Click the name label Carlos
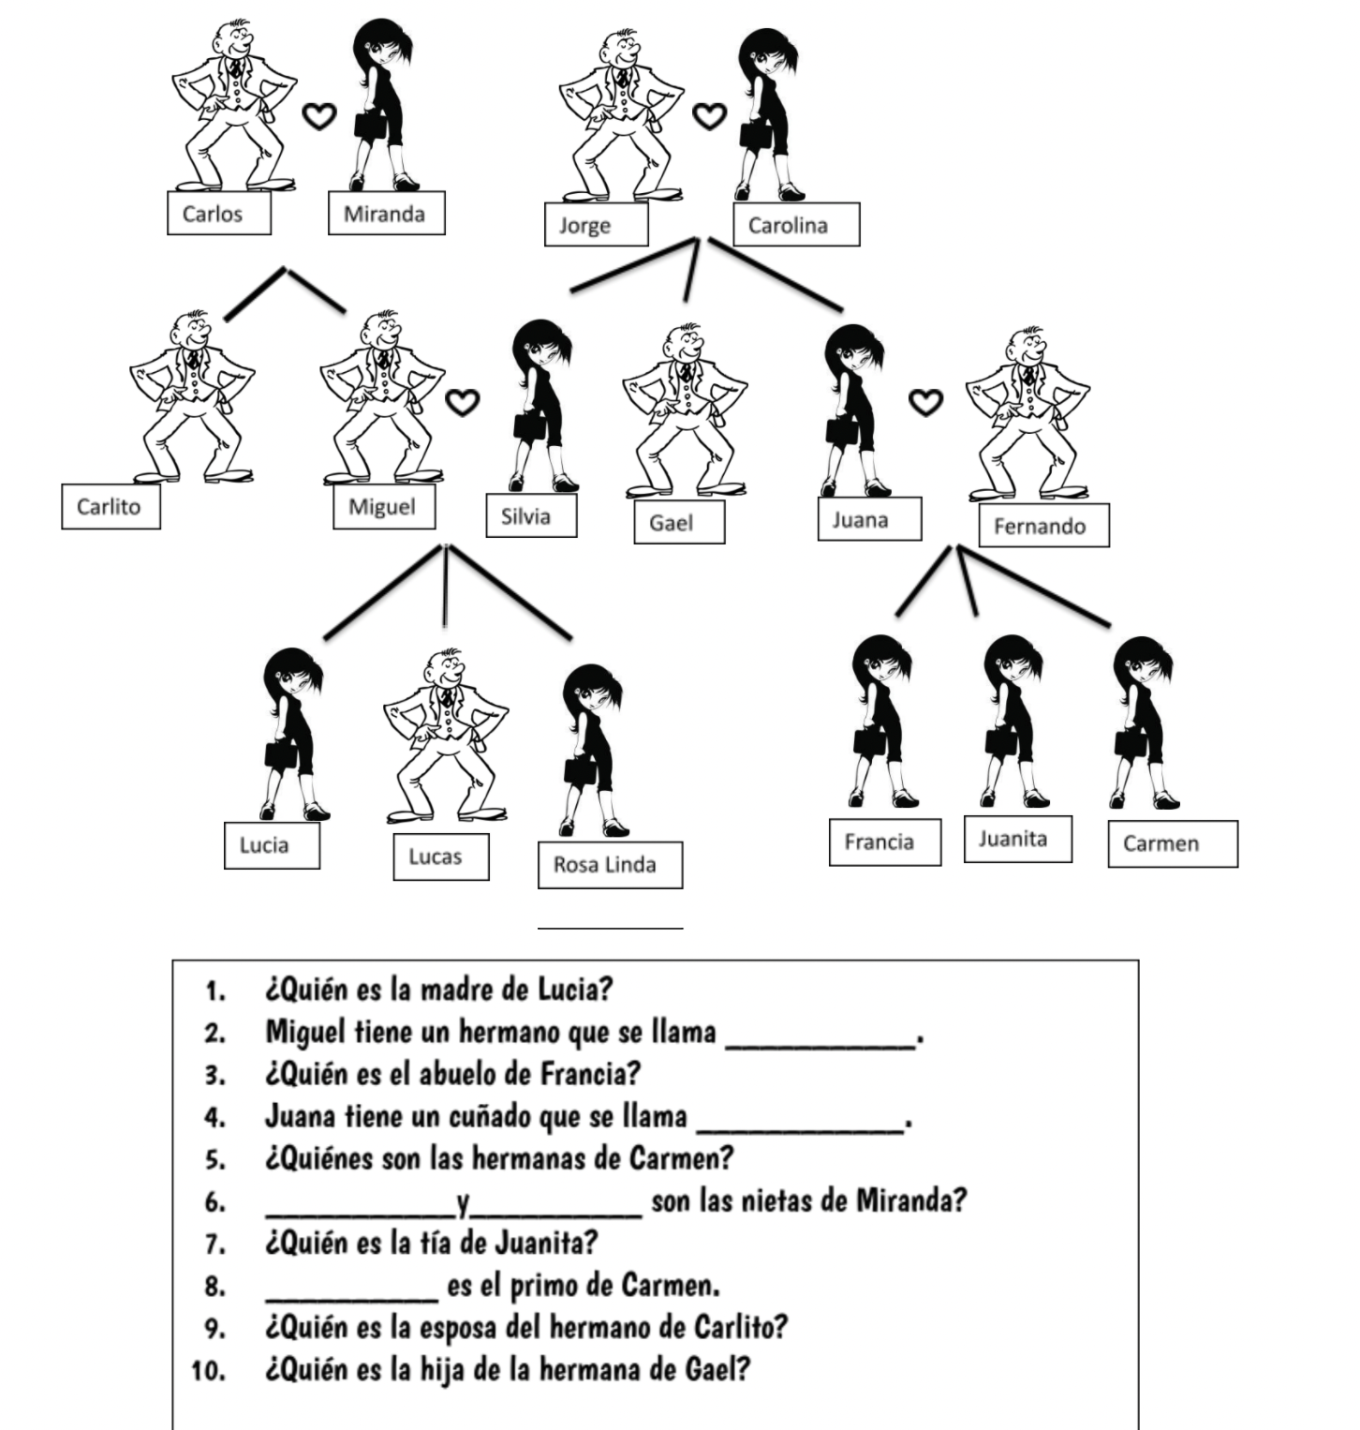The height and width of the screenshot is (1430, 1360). [219, 214]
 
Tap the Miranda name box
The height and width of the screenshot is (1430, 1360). [386, 214]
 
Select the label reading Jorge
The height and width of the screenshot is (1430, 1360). [596, 225]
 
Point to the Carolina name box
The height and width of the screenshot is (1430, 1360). [795, 225]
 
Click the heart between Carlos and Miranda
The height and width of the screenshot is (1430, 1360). [319, 116]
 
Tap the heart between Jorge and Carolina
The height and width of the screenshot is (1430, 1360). [709, 116]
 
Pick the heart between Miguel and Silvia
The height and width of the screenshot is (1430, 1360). [461, 402]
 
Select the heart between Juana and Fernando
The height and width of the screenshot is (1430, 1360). [926, 402]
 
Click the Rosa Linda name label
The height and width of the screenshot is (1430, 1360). [610, 865]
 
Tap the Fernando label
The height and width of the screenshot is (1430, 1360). [1042, 526]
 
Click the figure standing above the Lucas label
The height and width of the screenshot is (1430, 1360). [445, 731]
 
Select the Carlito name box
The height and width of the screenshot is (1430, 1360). [111, 507]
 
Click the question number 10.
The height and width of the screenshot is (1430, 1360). [208, 1372]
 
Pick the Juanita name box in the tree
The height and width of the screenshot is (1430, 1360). [1017, 839]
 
